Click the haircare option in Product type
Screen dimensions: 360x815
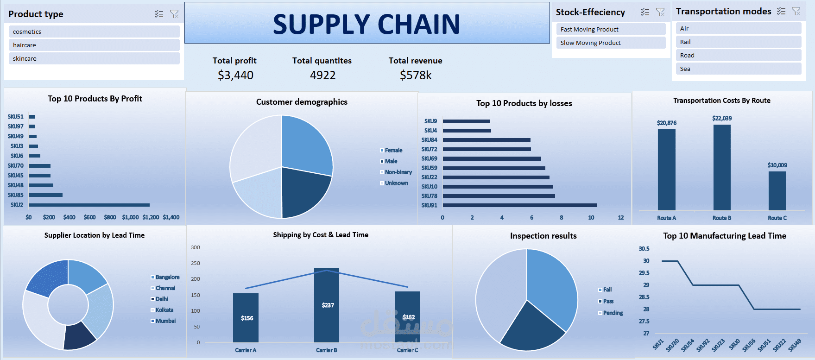tap(94, 45)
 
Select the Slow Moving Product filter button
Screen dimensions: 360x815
tap(611, 43)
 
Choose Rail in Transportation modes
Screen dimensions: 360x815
tap(739, 42)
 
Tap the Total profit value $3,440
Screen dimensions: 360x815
tap(235, 76)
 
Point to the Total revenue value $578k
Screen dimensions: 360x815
tap(416, 76)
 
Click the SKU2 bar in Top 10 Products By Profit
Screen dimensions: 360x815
tap(89, 205)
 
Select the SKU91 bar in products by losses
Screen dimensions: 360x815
tap(519, 205)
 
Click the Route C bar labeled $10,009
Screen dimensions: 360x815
tap(777, 191)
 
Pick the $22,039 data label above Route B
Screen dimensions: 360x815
tap(722, 119)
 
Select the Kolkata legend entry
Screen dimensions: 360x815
tap(164, 310)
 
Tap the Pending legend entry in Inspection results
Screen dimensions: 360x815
tap(613, 313)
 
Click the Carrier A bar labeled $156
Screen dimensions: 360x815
tap(246, 318)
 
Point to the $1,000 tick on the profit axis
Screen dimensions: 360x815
tap(130, 217)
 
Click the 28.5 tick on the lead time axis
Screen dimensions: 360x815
tap(644, 297)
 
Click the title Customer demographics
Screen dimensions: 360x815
tap(302, 102)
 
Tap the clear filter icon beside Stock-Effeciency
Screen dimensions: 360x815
tap(660, 12)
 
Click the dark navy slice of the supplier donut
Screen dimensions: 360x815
tap(79, 335)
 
